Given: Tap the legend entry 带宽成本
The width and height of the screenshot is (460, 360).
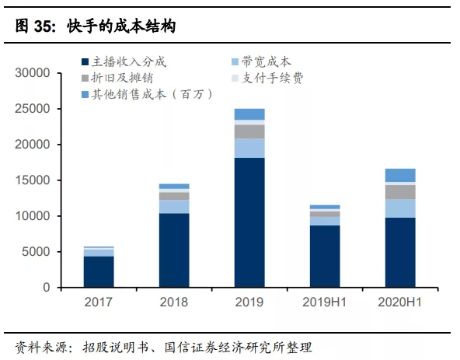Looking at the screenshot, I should tap(266, 61).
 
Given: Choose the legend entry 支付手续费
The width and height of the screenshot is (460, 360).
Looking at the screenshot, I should tap(271, 78).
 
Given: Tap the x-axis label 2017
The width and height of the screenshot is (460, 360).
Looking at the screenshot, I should tap(99, 302).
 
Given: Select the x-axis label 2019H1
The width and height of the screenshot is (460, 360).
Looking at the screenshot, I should tap(325, 302).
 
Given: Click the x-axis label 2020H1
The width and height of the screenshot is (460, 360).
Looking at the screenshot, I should tap(400, 302).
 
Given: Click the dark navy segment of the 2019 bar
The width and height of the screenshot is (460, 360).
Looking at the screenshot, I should tap(249, 222).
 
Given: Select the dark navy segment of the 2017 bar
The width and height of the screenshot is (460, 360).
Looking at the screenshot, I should tap(99, 271).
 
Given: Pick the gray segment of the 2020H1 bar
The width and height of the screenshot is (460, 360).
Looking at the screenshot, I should tap(400, 192).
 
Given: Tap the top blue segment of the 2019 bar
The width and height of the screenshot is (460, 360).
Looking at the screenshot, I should tap(249, 114).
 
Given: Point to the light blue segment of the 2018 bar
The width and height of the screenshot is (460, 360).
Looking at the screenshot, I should tap(174, 207).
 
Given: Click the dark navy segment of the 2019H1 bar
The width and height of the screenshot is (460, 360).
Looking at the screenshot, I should tap(325, 256).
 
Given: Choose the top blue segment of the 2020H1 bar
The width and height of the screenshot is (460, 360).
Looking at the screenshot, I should tap(400, 175).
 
